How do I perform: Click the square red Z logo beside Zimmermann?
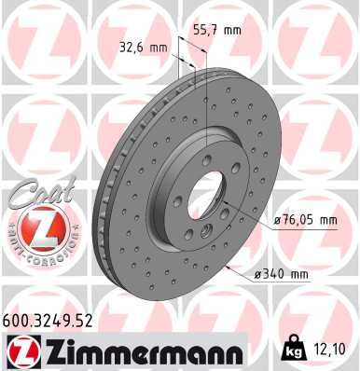coord(20,351)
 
